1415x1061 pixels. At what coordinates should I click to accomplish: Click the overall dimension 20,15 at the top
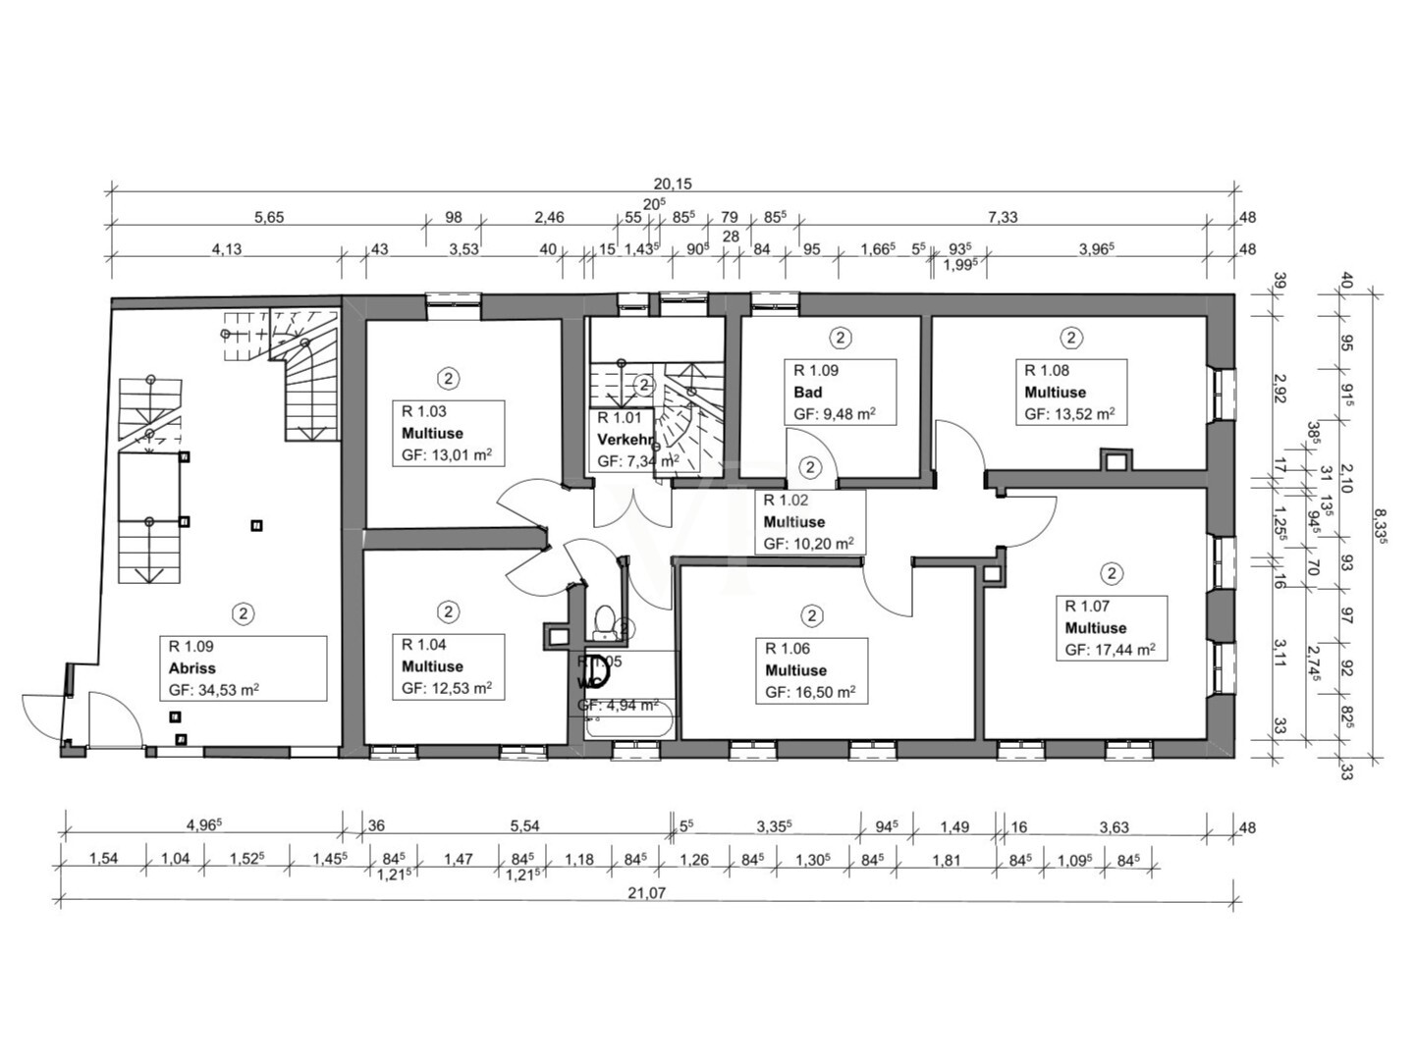pyautogui.click(x=673, y=184)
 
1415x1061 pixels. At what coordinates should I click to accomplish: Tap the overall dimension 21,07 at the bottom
pyautogui.click(x=649, y=891)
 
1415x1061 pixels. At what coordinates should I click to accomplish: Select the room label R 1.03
pyautogui.click(x=423, y=411)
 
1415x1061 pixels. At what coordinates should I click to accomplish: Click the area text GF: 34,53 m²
pyautogui.click(x=213, y=690)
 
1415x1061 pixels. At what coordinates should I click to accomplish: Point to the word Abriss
pyautogui.click(x=191, y=668)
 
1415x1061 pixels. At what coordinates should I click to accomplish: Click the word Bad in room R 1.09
pyautogui.click(x=808, y=392)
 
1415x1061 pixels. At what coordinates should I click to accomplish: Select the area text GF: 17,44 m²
pyautogui.click(x=1110, y=650)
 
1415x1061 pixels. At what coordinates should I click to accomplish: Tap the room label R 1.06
pyautogui.click(x=788, y=649)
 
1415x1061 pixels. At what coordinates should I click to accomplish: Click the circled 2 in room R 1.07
pyautogui.click(x=1111, y=573)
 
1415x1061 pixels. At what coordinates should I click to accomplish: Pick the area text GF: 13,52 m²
pyautogui.click(x=1069, y=414)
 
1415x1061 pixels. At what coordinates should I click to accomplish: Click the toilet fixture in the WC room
pyautogui.click(x=605, y=620)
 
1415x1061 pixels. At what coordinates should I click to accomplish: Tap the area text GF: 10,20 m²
pyautogui.click(x=808, y=544)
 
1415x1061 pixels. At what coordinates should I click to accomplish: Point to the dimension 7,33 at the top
pyautogui.click(x=1003, y=217)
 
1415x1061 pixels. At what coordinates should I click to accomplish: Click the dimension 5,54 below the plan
pyautogui.click(x=524, y=826)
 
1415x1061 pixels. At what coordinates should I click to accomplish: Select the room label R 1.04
pyautogui.click(x=423, y=645)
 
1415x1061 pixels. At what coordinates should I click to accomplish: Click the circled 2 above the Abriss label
pyautogui.click(x=243, y=613)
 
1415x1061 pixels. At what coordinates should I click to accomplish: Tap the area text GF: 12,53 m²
pyautogui.click(x=446, y=689)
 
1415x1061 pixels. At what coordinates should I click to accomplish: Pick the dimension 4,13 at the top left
pyautogui.click(x=226, y=249)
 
